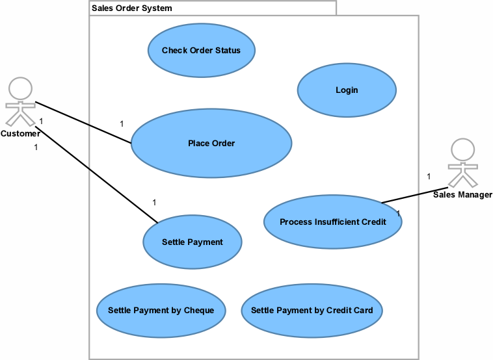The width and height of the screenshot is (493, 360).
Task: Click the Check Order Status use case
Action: (201, 50)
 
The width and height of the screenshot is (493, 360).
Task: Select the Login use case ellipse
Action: (347, 90)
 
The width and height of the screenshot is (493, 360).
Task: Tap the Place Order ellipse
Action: (211, 143)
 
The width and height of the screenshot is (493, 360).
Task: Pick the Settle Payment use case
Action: (193, 242)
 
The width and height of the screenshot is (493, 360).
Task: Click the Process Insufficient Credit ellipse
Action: (332, 222)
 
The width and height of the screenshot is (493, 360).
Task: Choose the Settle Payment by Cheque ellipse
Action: (161, 311)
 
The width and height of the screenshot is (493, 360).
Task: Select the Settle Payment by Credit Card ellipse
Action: (312, 311)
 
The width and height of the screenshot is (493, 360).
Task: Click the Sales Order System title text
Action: (132, 8)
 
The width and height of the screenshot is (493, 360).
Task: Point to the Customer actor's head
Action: (20, 88)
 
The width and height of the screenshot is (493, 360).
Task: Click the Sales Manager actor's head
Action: (462, 150)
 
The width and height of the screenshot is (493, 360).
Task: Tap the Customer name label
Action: (20, 134)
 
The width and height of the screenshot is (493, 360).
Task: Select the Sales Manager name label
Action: (462, 195)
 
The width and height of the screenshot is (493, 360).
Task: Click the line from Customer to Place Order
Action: (83, 123)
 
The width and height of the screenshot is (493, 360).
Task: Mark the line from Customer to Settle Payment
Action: (96, 175)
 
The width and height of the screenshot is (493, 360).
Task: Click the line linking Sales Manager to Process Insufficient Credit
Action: (414, 195)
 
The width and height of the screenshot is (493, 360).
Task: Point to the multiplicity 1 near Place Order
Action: (122, 124)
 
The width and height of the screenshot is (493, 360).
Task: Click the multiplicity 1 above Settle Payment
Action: (154, 203)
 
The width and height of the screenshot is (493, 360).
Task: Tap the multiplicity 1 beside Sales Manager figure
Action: (429, 177)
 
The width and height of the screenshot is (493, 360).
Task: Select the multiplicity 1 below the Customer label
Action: (36, 148)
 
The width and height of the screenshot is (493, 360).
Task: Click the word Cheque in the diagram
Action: (199, 311)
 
